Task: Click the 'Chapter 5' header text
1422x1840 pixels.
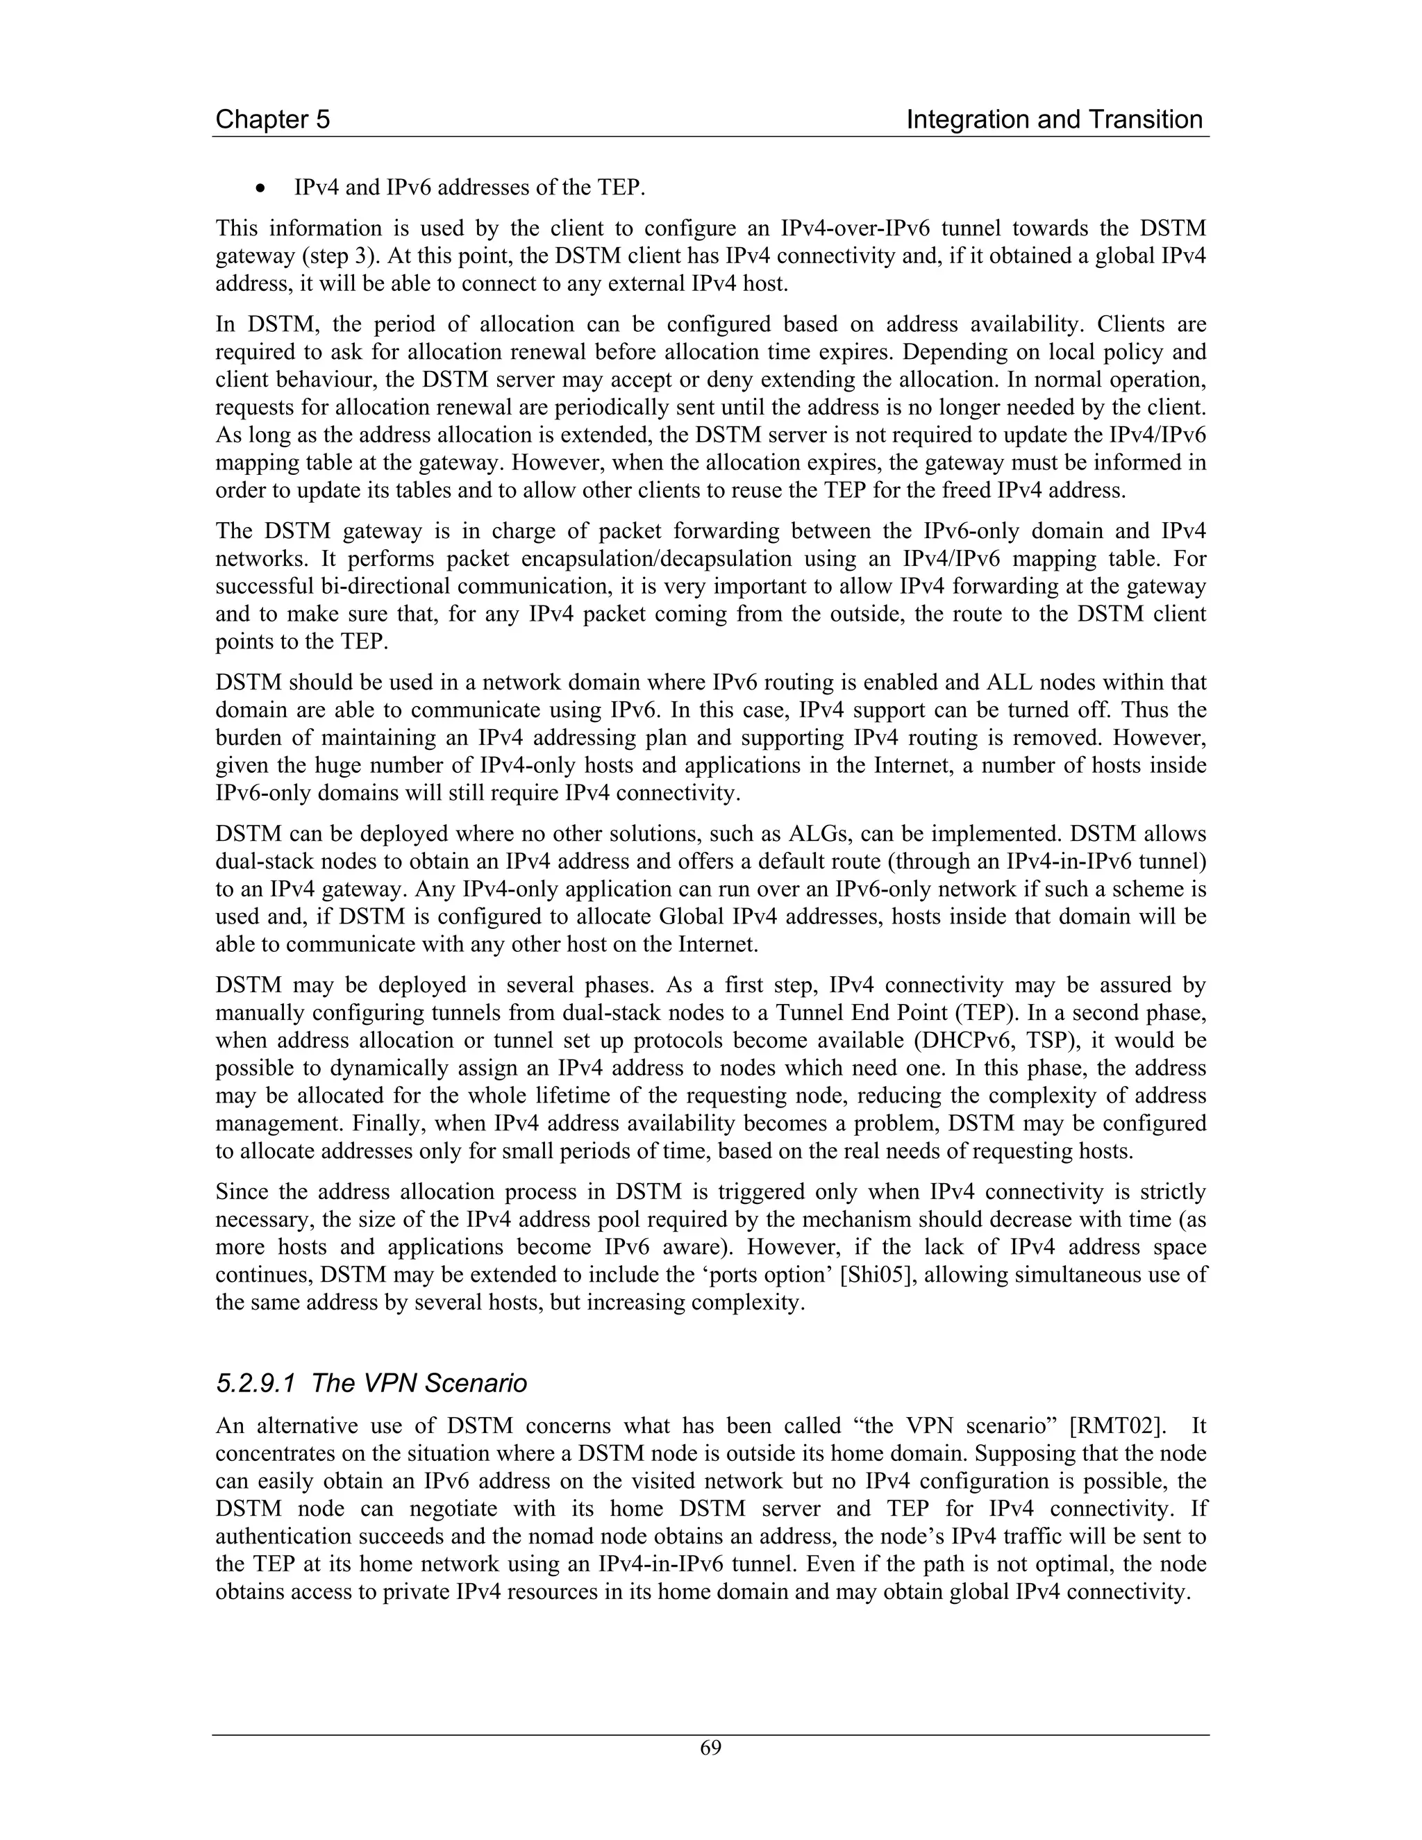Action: point(272,119)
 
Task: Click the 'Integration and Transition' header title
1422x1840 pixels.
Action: point(1054,119)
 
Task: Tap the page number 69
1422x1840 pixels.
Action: point(710,1748)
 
